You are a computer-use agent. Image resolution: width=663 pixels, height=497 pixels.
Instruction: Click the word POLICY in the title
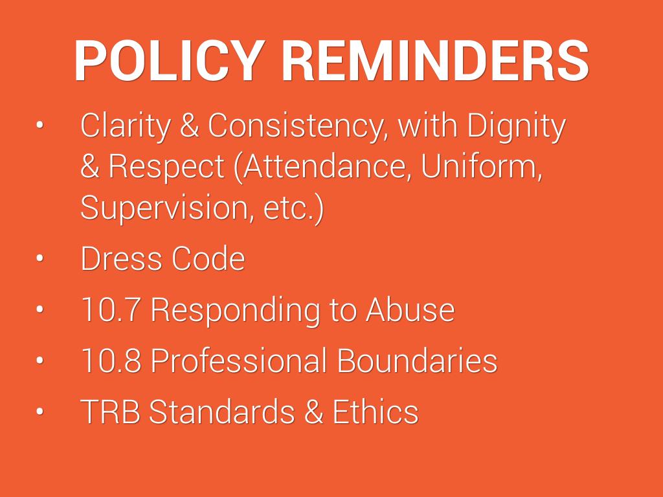[x=169, y=60]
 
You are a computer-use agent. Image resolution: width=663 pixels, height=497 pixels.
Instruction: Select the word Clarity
[x=126, y=126]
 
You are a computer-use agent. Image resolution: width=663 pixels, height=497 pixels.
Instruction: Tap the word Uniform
[x=482, y=166]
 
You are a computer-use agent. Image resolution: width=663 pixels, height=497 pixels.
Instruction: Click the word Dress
[x=120, y=258]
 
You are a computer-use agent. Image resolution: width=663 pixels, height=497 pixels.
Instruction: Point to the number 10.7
[x=111, y=309]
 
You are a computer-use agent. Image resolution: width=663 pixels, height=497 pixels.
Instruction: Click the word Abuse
[x=410, y=309]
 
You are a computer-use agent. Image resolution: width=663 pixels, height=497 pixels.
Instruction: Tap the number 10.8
[x=111, y=360]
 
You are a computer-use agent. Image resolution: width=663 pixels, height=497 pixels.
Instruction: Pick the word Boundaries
[x=417, y=360]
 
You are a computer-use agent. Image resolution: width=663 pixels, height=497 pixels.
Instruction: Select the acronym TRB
[x=110, y=411]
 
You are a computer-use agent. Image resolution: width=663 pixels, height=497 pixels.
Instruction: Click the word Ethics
[x=376, y=411]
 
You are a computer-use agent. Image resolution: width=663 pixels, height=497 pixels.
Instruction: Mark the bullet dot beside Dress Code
[x=39, y=259]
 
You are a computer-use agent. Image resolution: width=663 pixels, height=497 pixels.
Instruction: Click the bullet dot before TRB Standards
[x=39, y=412]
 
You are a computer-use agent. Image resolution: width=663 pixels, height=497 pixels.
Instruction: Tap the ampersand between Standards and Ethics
[x=314, y=411]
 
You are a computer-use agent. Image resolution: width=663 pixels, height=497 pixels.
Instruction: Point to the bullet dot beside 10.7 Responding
[x=39, y=309]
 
